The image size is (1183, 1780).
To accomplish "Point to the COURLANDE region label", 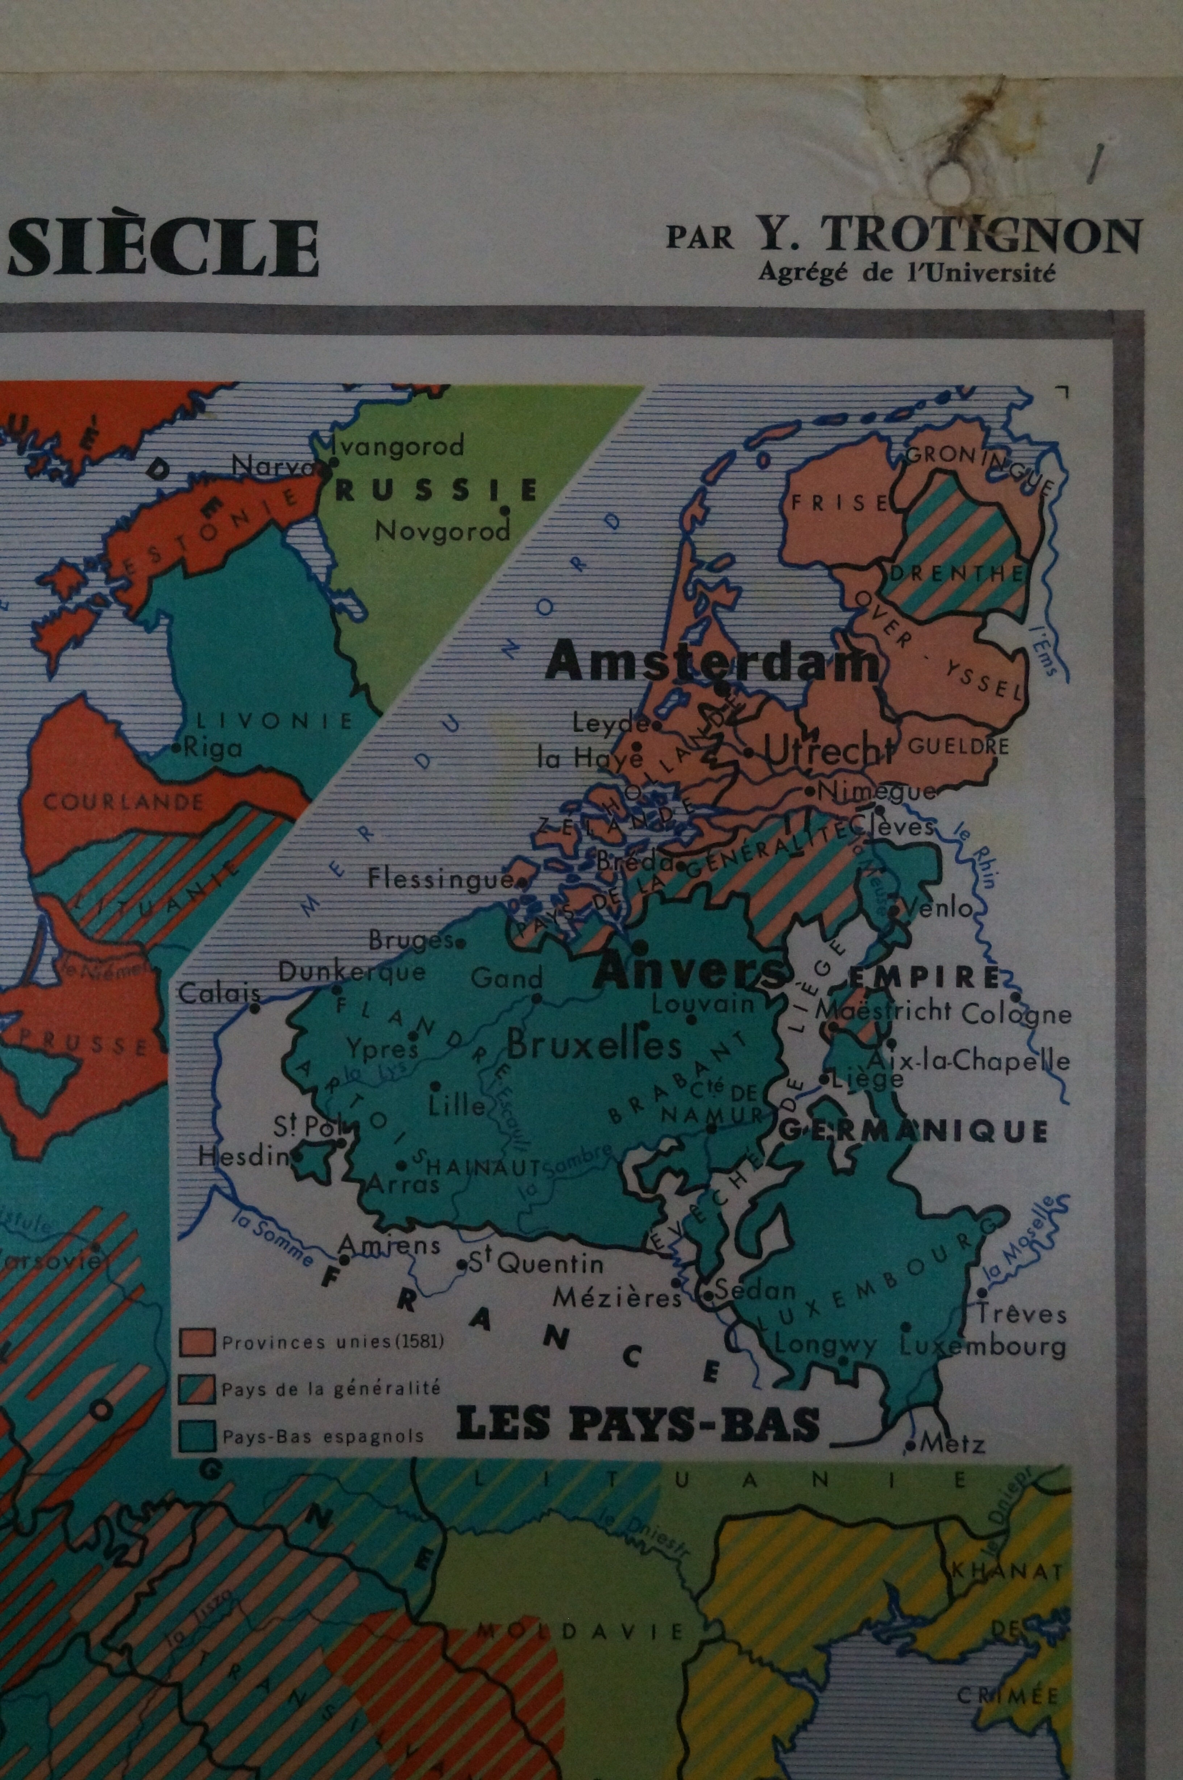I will coord(123,801).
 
